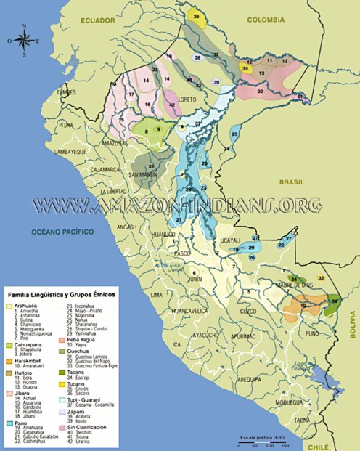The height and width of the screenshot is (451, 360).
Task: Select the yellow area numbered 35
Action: click(245, 68)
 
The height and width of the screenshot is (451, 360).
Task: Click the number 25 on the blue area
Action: click(234, 135)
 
